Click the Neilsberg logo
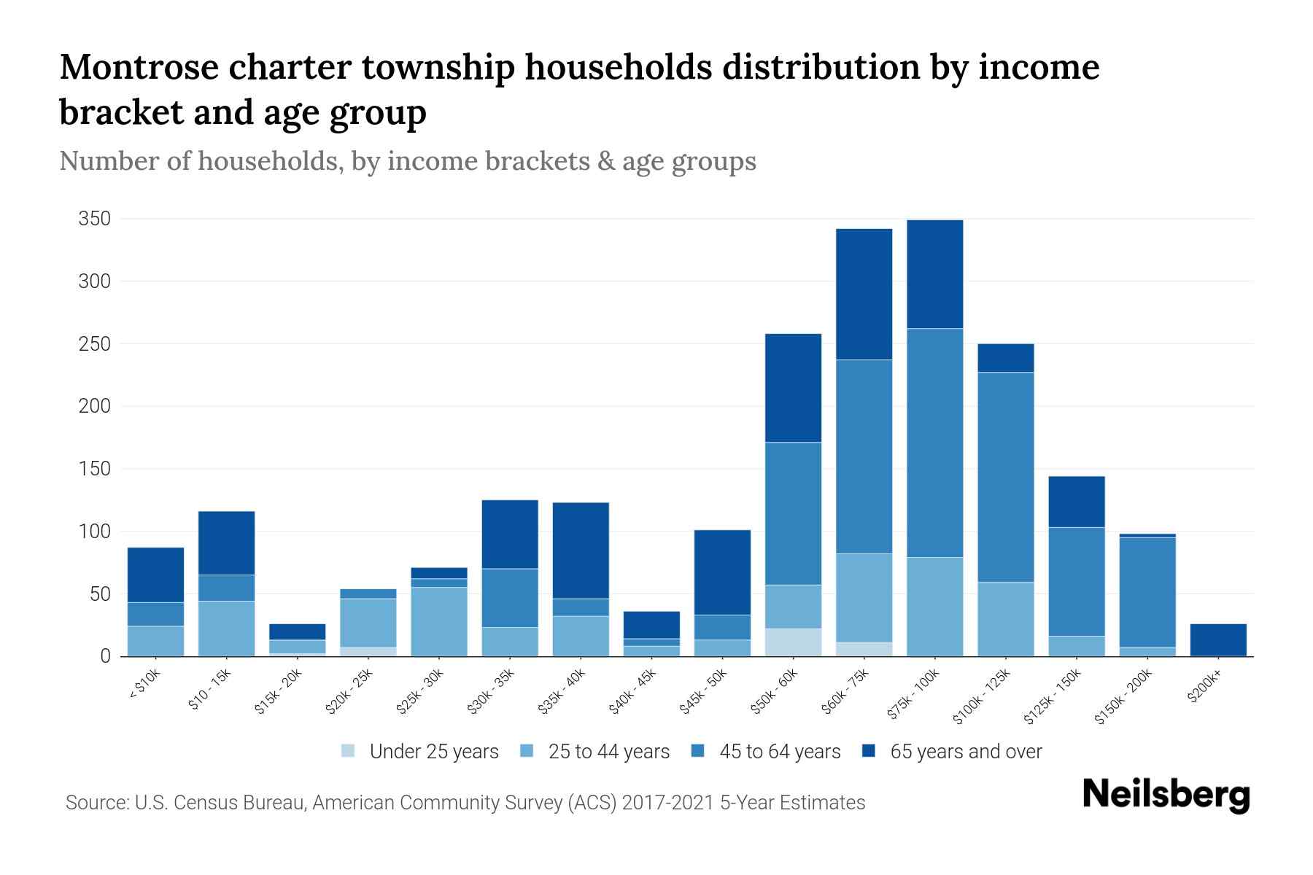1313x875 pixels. point(1166,795)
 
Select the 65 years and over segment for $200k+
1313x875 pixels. point(1218,639)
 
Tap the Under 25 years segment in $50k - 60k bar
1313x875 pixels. point(793,642)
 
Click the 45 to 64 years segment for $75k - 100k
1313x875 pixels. point(934,443)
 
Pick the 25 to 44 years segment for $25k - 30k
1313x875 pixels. point(439,621)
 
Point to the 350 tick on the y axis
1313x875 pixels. point(95,219)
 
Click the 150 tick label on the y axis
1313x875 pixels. point(95,469)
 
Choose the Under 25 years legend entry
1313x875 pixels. point(420,752)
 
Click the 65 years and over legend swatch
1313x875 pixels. point(869,751)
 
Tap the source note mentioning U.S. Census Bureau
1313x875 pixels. point(465,803)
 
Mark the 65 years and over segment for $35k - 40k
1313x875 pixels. point(581,551)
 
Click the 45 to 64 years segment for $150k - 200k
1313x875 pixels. point(1147,592)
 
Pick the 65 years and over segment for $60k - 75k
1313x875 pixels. point(864,294)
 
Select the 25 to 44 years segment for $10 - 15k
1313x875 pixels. point(226,629)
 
